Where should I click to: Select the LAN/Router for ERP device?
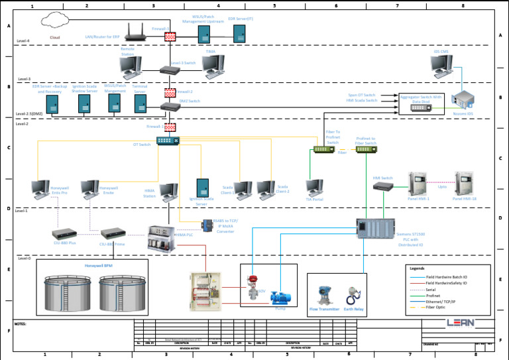pos(137,31)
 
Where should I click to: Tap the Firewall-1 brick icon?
pos(170,36)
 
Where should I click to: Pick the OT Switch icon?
pos(163,141)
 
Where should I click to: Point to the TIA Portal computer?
pos(314,188)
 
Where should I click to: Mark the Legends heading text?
pos(418,268)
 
